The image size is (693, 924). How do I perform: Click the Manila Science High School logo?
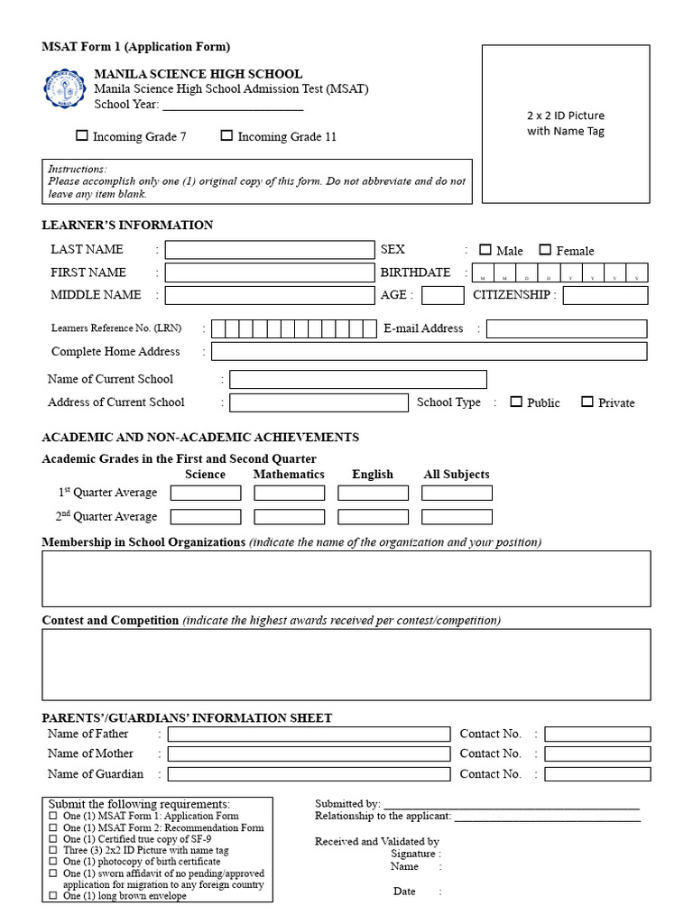coord(67,88)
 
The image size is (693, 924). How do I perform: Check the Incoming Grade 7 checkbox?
coord(82,136)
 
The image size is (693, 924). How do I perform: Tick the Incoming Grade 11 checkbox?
coord(226,136)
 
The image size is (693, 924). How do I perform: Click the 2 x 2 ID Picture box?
coord(566,124)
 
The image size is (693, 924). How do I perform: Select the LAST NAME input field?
coord(269,250)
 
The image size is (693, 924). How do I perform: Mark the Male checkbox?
coord(485,250)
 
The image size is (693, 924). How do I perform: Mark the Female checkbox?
coord(545,250)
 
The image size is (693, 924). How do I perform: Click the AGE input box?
coord(442,295)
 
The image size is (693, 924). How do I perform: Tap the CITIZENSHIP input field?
coord(605,295)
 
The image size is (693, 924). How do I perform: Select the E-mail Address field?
coord(566,329)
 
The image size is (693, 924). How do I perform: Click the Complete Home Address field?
coord(429,352)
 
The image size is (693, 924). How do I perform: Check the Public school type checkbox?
coord(516,402)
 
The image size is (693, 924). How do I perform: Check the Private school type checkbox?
coord(587,402)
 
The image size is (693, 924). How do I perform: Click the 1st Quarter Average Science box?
coord(206,493)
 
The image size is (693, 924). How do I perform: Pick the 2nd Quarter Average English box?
coord(373,517)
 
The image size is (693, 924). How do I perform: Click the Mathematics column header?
coord(289,475)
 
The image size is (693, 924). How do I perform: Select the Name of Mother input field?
coord(309,754)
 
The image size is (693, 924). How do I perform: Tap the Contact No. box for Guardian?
coord(597,774)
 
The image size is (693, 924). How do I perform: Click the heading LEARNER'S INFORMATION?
coord(127,226)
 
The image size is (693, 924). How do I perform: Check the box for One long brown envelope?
coord(52,896)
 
